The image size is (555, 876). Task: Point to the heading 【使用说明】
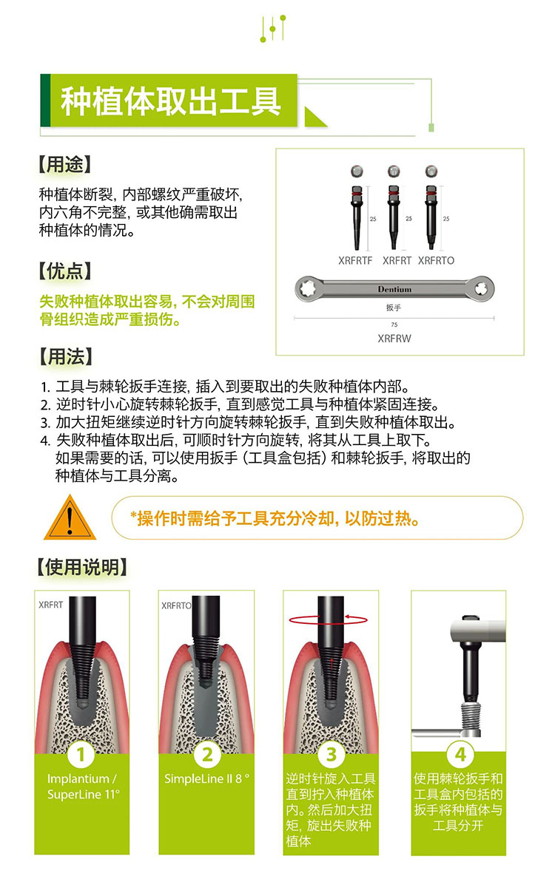pos(82,567)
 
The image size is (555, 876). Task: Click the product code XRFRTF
pos(355,260)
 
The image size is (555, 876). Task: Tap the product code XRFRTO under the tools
pos(436,260)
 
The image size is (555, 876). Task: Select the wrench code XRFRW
pos(394,339)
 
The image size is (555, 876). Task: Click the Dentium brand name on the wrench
pos(394,289)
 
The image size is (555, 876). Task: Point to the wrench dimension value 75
pos(394,325)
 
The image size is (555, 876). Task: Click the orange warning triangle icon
pos(70,517)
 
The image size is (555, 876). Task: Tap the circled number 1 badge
pos(81,754)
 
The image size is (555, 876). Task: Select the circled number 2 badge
pos(207,754)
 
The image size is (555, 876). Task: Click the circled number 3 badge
pos(332,754)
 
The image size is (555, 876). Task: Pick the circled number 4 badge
pos(460,754)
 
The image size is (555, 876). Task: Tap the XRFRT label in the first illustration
pos(51,605)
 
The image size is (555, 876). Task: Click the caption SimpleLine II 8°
pos(206,779)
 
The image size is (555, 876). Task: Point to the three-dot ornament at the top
pos(273,29)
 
